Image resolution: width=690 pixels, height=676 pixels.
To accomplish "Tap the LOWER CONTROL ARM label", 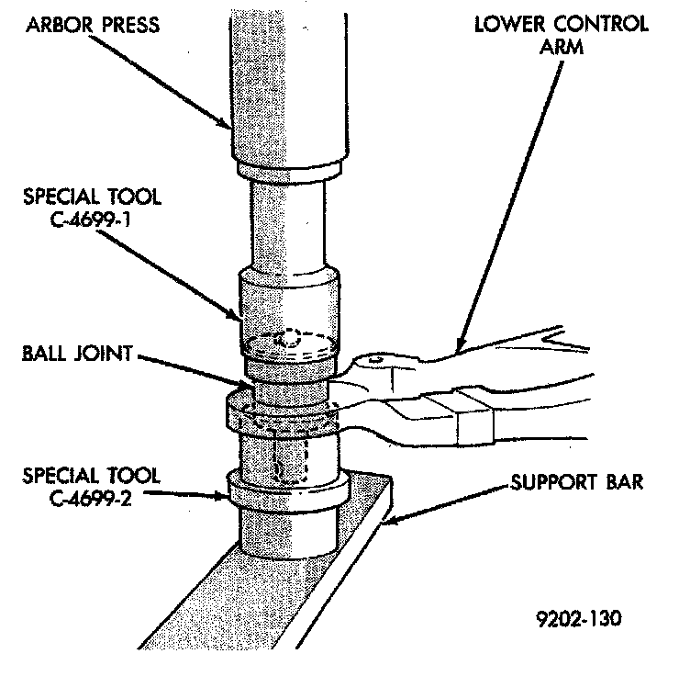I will click(x=561, y=32).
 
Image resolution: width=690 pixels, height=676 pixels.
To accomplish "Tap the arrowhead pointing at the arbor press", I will click(x=231, y=126).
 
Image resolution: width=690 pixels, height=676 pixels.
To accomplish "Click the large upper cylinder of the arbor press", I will click(x=289, y=83).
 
